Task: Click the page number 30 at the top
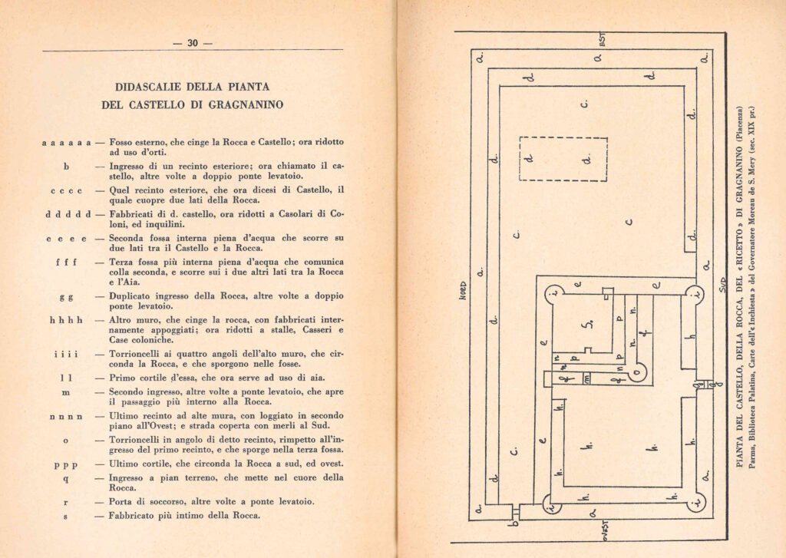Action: click(x=193, y=43)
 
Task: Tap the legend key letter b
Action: click(x=66, y=166)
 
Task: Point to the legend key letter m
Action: click(x=66, y=392)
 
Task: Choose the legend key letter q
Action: click(x=66, y=479)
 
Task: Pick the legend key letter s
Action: click(x=66, y=516)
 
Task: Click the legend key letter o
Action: click(x=66, y=441)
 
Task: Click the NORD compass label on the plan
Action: click(x=463, y=291)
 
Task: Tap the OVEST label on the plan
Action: click(x=606, y=530)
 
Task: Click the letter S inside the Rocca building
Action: click(x=589, y=324)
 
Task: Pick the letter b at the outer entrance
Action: click(x=513, y=523)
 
